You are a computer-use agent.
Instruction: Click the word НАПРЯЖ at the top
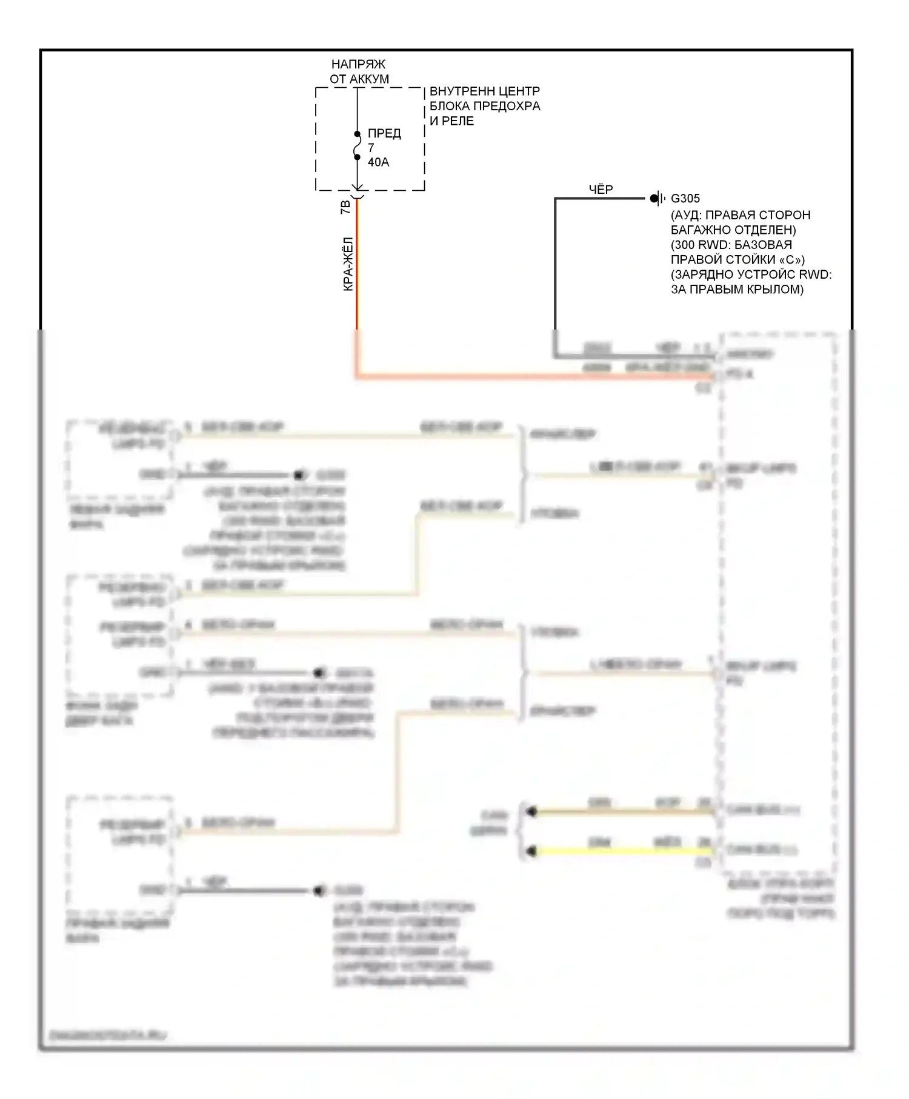[358, 64]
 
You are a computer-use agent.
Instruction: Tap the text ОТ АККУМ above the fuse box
[359, 79]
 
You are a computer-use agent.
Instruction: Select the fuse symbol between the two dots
[357, 146]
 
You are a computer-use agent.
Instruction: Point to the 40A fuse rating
[378, 162]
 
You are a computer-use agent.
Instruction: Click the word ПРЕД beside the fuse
[384, 133]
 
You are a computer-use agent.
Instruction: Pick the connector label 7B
[345, 207]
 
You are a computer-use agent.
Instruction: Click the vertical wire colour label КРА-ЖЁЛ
[348, 264]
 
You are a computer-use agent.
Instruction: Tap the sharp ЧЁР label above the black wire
[601, 190]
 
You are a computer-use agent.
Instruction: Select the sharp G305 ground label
[685, 198]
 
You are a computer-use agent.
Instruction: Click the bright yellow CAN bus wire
[624, 851]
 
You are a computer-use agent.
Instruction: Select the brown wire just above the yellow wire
[624, 811]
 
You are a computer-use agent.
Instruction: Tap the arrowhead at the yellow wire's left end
[531, 851]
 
